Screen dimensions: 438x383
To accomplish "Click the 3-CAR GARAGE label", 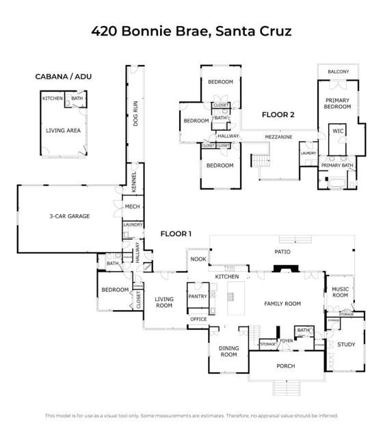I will click(69, 216).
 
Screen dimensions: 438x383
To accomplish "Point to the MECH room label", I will click(132, 205).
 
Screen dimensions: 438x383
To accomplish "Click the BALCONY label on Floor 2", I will click(338, 72).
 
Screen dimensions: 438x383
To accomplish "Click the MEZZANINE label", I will click(279, 137).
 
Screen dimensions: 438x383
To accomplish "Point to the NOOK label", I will click(198, 259).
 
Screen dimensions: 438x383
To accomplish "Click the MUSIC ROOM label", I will click(340, 293).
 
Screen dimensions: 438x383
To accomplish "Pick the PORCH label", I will click(285, 366).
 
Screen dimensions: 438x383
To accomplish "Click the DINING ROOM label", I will click(228, 351).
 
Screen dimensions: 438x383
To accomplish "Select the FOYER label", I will click(286, 340).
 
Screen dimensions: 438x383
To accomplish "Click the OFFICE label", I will click(198, 320).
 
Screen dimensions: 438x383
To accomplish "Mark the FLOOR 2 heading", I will click(278, 115).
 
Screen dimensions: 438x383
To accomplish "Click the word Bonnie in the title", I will click(146, 31).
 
